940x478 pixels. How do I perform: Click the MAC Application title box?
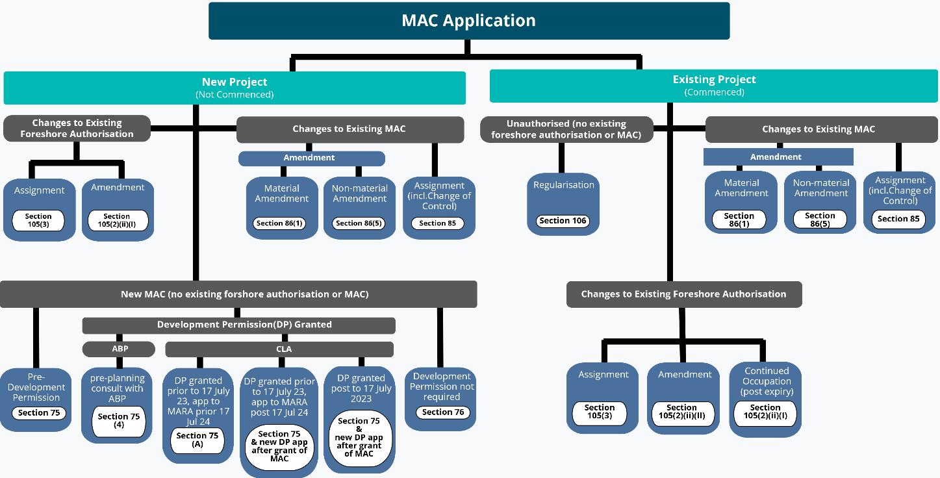[x=468, y=20]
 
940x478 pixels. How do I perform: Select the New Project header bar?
[x=235, y=88]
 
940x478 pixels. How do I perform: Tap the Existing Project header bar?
[x=714, y=86]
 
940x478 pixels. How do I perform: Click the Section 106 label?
[x=563, y=221]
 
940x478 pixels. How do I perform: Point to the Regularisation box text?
[x=563, y=185]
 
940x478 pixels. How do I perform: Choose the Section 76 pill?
[x=443, y=412]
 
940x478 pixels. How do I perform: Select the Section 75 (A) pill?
[x=197, y=440]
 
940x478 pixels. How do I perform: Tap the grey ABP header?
[x=120, y=349]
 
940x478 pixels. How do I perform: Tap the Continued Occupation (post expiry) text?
[x=767, y=381]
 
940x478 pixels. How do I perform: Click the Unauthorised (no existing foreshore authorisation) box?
[x=566, y=129]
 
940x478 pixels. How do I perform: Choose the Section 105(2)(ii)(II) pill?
[x=681, y=412]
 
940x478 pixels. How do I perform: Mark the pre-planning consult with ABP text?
[x=118, y=388]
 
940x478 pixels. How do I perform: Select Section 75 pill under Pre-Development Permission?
[x=39, y=413]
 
